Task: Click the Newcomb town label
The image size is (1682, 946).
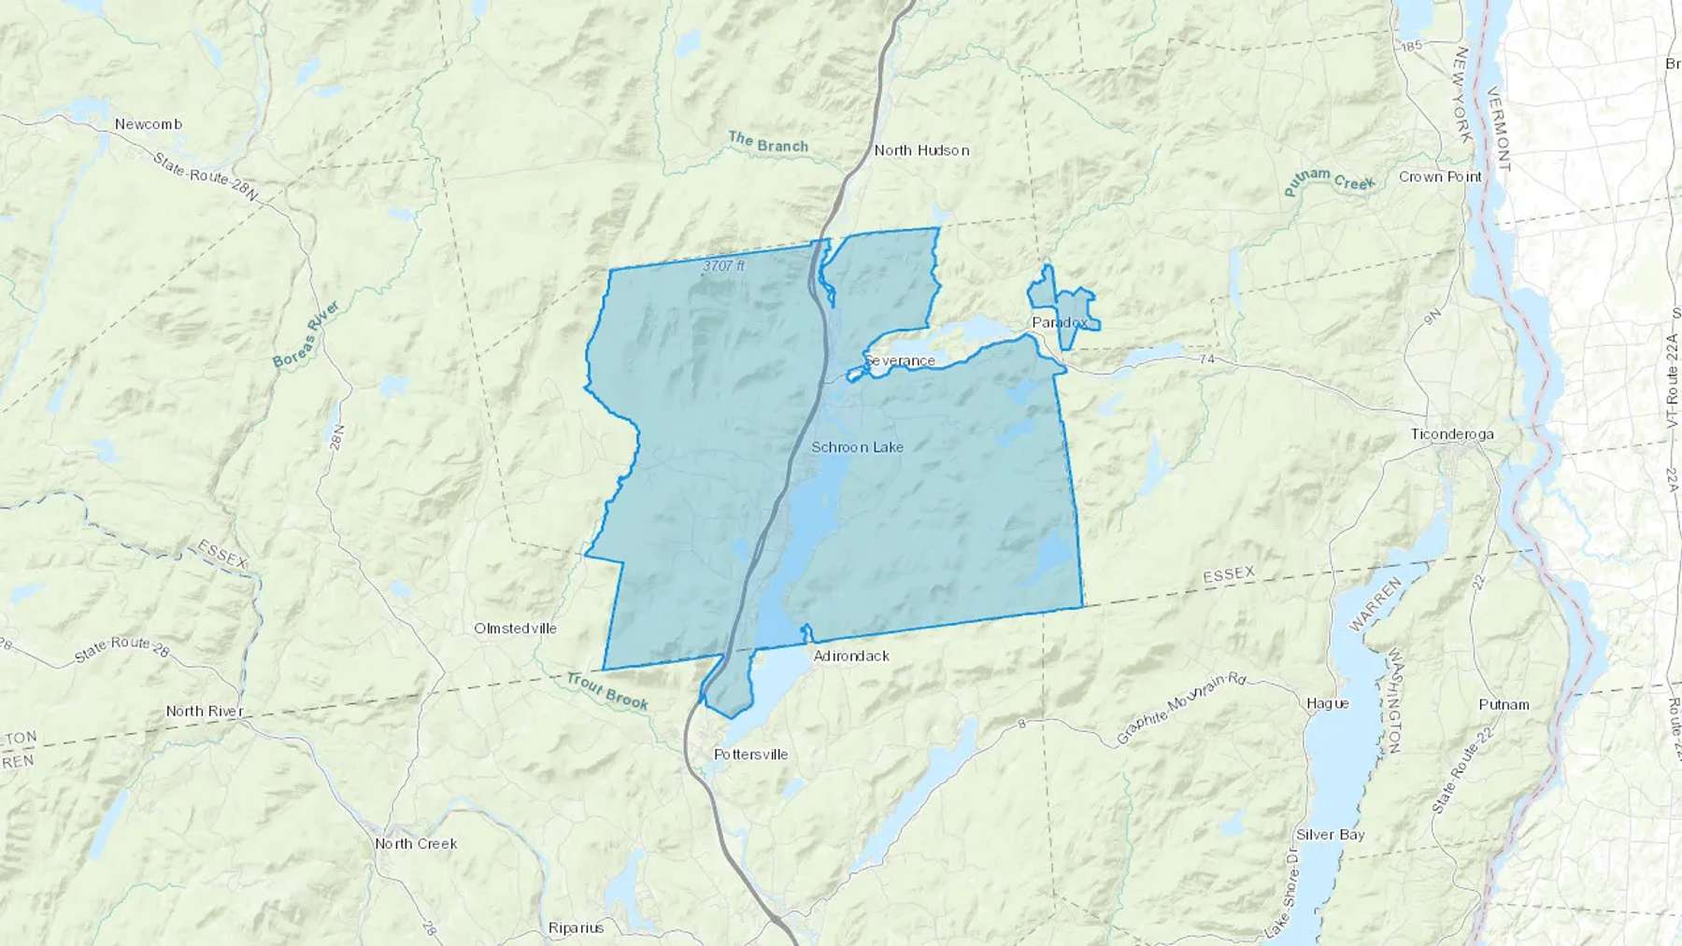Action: click(148, 124)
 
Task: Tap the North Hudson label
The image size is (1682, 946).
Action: click(921, 150)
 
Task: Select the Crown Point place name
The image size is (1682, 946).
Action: click(1440, 176)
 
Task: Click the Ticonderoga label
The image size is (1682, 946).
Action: click(1451, 434)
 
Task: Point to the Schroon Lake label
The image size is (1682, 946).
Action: click(857, 447)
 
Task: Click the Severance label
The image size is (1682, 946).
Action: click(899, 360)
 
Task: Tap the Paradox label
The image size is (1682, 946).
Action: click(1060, 322)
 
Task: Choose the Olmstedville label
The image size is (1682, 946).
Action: click(515, 628)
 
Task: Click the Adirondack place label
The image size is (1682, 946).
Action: click(850, 657)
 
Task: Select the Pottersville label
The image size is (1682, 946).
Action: click(750, 755)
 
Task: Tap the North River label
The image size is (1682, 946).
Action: click(204, 712)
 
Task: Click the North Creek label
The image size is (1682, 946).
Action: click(416, 843)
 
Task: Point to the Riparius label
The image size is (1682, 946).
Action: click(576, 928)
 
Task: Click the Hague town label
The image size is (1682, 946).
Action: click(1327, 703)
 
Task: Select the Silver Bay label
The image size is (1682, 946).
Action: click(1330, 835)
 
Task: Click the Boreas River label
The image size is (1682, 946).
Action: click(306, 333)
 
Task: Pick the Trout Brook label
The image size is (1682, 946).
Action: click(607, 692)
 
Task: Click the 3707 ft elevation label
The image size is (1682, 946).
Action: click(724, 266)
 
